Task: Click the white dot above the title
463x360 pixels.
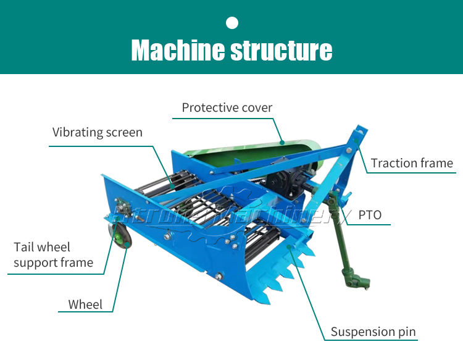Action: (232, 23)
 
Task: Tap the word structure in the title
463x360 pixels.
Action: (282, 50)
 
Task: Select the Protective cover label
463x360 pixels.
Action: (227, 107)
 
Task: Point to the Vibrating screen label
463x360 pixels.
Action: (97, 132)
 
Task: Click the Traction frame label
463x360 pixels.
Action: (412, 163)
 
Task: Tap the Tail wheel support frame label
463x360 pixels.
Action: (53, 255)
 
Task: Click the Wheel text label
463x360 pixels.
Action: (85, 304)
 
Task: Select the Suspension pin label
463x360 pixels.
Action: (373, 332)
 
